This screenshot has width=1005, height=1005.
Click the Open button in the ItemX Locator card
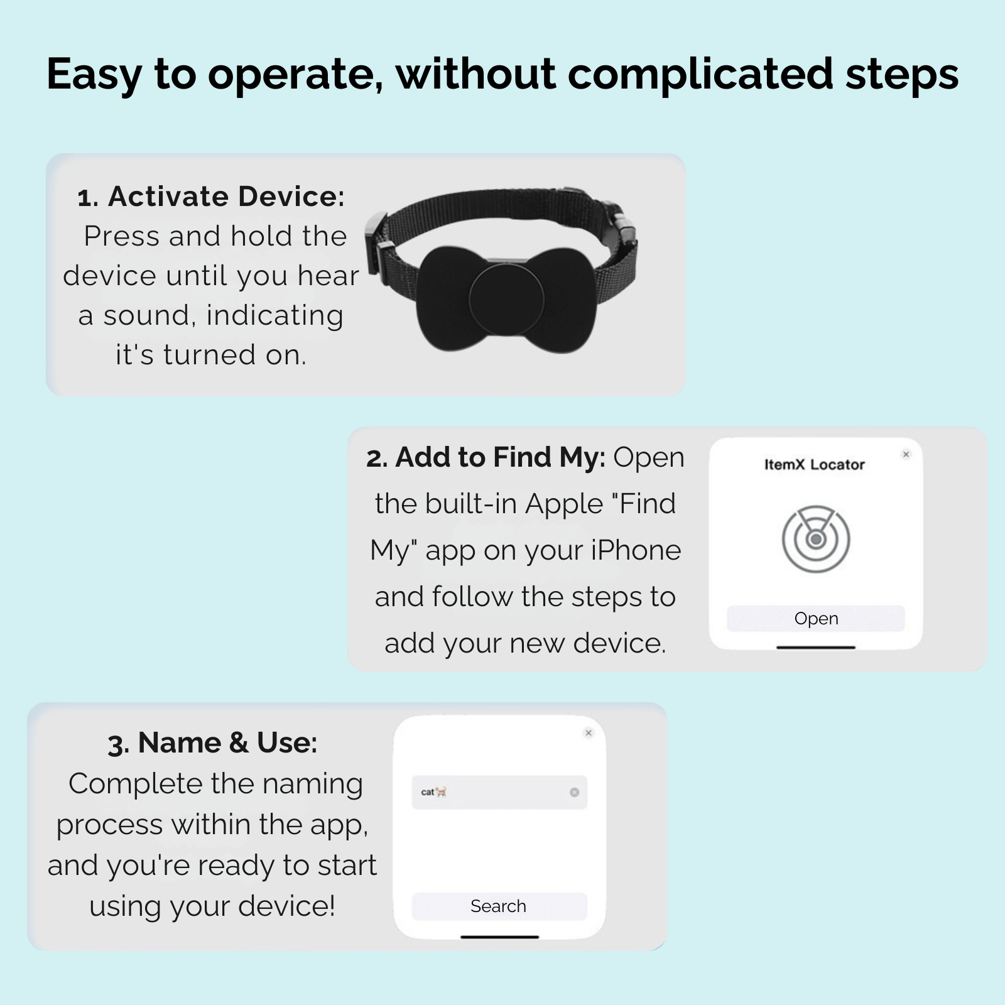815,618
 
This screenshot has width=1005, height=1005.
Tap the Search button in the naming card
499,906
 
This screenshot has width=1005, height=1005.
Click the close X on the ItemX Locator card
906,454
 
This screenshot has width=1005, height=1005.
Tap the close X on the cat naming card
589,732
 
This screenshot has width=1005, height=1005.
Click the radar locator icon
816,539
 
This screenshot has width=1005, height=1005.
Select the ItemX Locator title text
815,465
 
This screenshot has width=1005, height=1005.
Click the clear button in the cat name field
574,792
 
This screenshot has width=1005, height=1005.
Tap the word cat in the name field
428,792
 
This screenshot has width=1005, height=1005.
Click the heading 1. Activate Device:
211,197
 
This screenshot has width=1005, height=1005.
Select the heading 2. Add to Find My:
486,457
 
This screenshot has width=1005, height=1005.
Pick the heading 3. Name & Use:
212,743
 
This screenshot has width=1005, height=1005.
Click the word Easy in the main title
94,74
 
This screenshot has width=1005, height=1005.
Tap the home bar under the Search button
500,937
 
